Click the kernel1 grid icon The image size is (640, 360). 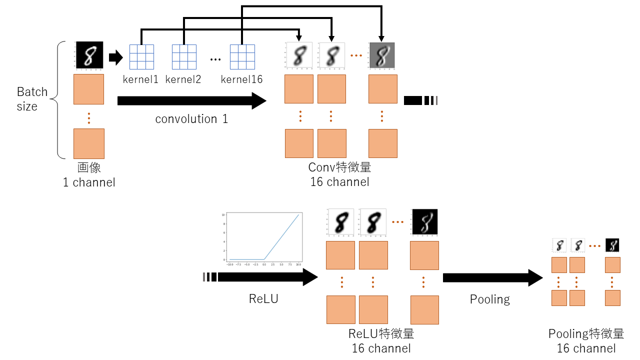(141, 57)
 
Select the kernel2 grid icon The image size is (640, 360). (184, 57)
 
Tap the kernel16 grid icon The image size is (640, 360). (242, 57)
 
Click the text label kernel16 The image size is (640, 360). (242, 79)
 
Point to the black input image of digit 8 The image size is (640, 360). (89, 54)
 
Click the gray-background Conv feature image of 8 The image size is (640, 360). (382, 55)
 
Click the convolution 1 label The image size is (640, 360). (191, 119)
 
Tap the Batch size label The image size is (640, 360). (32, 99)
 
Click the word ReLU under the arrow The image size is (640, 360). (263, 299)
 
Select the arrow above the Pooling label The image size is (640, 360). (492, 277)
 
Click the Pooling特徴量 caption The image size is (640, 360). (586, 334)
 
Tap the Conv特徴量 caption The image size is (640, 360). (340, 167)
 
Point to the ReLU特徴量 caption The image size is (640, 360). (381, 333)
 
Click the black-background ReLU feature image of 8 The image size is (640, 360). (424, 222)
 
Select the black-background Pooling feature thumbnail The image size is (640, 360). (612, 245)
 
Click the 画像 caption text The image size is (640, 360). (89, 168)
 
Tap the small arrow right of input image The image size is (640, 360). (115, 57)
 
